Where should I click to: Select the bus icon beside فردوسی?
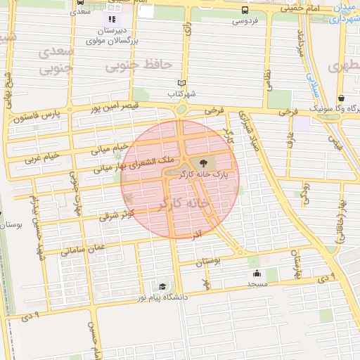click(245, 10)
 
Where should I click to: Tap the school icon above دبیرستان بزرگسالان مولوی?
click(111, 19)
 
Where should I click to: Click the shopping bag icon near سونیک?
click(341, 98)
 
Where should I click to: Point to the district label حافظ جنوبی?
click(139, 65)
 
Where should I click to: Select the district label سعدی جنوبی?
click(56, 60)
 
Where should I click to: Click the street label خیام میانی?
click(112, 148)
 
